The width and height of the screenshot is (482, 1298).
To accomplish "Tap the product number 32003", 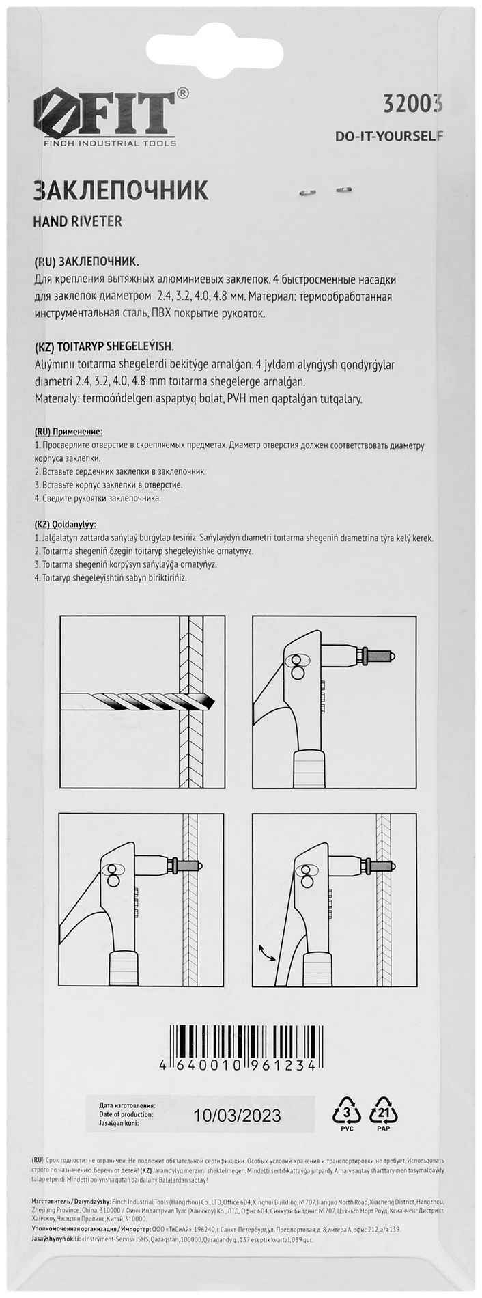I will click(x=412, y=104).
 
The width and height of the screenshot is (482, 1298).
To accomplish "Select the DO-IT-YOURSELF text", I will click(x=389, y=136).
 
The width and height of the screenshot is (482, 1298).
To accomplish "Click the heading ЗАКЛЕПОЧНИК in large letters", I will click(x=121, y=191).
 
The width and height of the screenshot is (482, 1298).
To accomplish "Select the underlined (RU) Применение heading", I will click(x=68, y=432).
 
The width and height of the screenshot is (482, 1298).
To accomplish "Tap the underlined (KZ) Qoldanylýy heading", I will click(x=64, y=525).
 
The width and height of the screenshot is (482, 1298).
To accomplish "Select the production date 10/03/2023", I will click(x=237, y=1116).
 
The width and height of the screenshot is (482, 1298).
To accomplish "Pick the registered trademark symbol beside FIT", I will click(x=184, y=93).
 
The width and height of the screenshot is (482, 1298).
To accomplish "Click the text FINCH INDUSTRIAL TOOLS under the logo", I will click(x=105, y=143).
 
